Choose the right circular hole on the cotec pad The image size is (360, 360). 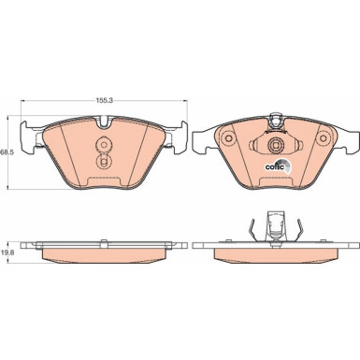(324, 139)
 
